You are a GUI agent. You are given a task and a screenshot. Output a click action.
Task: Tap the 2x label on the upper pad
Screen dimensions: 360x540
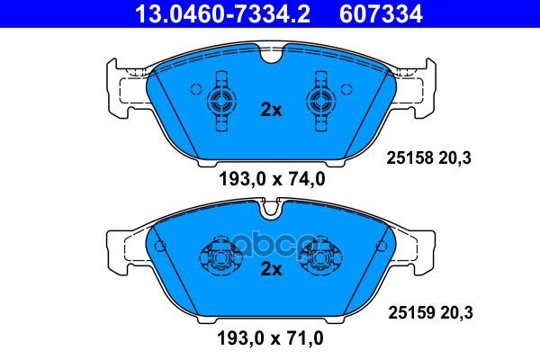[271, 110]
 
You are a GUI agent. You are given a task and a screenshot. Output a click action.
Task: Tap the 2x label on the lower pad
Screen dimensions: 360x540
[271, 269]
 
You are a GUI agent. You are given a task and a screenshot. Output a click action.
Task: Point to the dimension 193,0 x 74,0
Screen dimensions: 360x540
[271, 178]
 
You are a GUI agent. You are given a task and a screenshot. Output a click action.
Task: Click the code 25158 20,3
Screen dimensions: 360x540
[427, 157]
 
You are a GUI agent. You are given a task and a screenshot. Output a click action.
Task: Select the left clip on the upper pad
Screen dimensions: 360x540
[219, 100]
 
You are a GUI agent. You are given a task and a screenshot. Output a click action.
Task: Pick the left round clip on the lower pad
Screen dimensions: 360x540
[220, 257]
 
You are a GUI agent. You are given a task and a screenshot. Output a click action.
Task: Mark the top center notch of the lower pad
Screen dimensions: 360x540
[270, 212]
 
